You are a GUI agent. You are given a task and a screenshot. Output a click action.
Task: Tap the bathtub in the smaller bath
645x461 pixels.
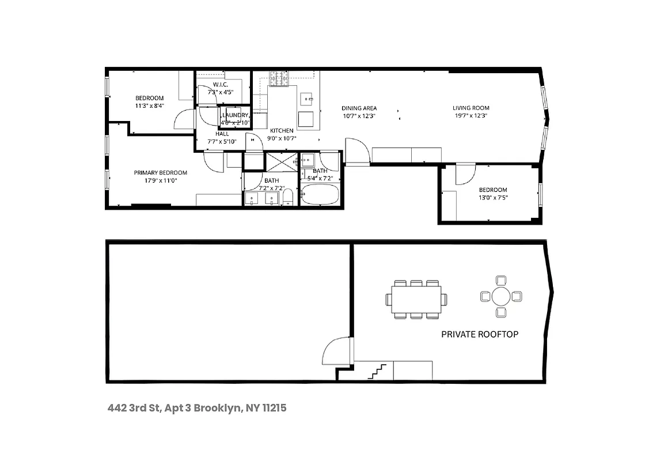[320, 196]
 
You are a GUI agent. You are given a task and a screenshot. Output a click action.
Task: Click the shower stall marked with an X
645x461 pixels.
[280, 161]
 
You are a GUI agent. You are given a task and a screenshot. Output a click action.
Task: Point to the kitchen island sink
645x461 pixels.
[306, 98]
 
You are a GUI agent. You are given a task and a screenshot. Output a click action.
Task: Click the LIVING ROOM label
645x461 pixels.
[471, 108]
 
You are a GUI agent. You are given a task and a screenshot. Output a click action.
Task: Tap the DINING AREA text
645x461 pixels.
[359, 108]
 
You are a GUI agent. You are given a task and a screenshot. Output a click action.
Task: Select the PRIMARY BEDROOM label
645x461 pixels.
[161, 173]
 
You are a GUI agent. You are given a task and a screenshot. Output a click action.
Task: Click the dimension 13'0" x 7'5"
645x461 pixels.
[493, 198]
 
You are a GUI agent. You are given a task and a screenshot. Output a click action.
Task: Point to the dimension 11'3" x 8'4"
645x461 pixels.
[149, 106]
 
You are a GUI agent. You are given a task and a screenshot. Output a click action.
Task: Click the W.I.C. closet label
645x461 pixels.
[221, 85]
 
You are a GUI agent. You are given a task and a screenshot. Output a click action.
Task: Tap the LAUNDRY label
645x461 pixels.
[235, 115]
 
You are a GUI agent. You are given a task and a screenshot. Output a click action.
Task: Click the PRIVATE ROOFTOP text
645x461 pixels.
[479, 334]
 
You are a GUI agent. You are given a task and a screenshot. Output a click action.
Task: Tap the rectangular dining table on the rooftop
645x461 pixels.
[416, 299]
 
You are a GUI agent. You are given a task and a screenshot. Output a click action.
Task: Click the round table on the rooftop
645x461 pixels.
[500, 297]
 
